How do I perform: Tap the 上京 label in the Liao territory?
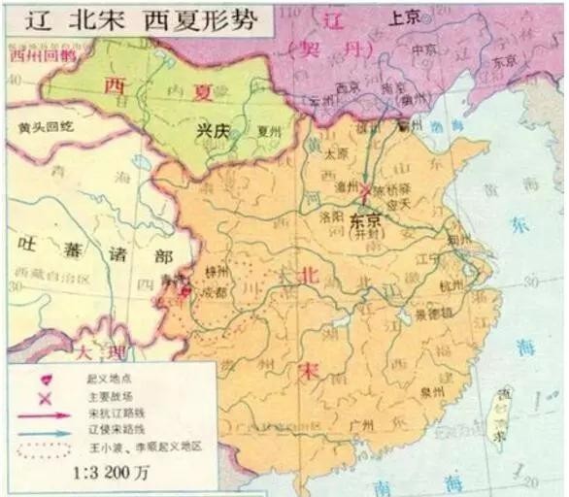click(x=403, y=17)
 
